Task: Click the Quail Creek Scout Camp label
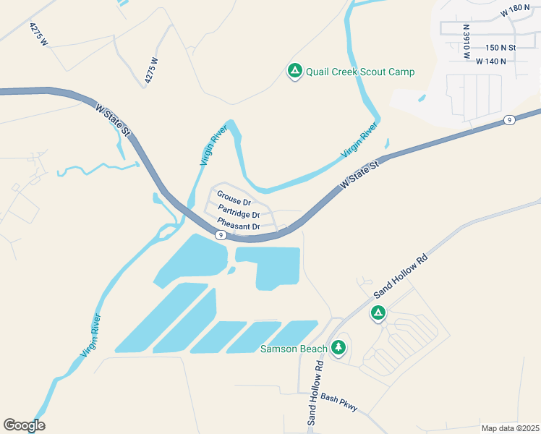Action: click(x=360, y=72)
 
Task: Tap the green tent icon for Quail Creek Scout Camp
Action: click(x=294, y=71)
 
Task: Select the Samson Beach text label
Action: click(x=294, y=349)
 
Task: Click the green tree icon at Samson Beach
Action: click(x=338, y=348)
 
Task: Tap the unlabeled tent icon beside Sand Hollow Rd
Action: click(x=378, y=313)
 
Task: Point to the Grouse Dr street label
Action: click(x=234, y=203)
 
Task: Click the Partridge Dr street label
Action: click(x=239, y=215)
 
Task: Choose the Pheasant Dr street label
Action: click(x=238, y=227)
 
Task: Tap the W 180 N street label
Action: click(x=514, y=13)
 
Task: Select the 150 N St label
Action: click(x=500, y=48)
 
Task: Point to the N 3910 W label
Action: click(x=467, y=41)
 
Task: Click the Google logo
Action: click(x=24, y=425)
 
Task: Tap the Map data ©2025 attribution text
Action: click(x=510, y=428)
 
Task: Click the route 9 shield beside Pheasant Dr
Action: click(x=221, y=235)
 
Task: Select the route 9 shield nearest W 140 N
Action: click(x=510, y=120)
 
